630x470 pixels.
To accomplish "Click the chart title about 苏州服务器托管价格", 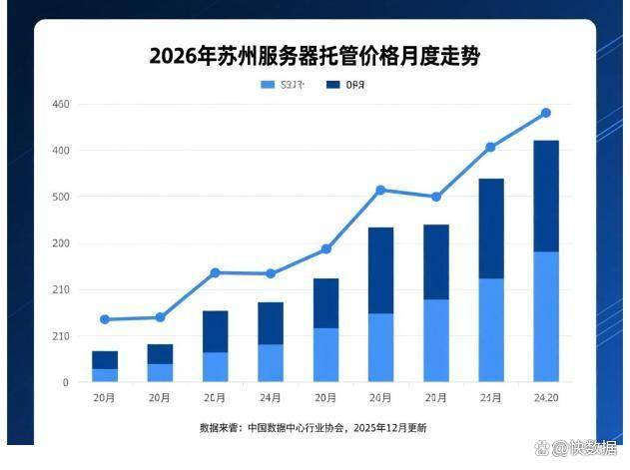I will click(314, 56).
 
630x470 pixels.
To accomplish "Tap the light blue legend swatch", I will click(267, 85).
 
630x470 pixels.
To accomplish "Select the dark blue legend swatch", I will click(332, 85).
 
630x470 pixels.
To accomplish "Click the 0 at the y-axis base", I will click(65, 382).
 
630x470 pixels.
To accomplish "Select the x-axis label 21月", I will click(490, 398).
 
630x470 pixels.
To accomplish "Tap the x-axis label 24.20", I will click(545, 398).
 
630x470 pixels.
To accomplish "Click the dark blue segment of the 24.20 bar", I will click(545, 196).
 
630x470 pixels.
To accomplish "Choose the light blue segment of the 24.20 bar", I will click(545, 316).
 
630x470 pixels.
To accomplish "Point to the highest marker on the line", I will click(545, 113).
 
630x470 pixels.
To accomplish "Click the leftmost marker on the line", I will click(105, 319).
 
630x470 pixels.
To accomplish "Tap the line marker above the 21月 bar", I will click(490, 147).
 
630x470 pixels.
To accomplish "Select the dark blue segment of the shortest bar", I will click(105, 359).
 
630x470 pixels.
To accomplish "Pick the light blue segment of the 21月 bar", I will click(490, 329).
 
